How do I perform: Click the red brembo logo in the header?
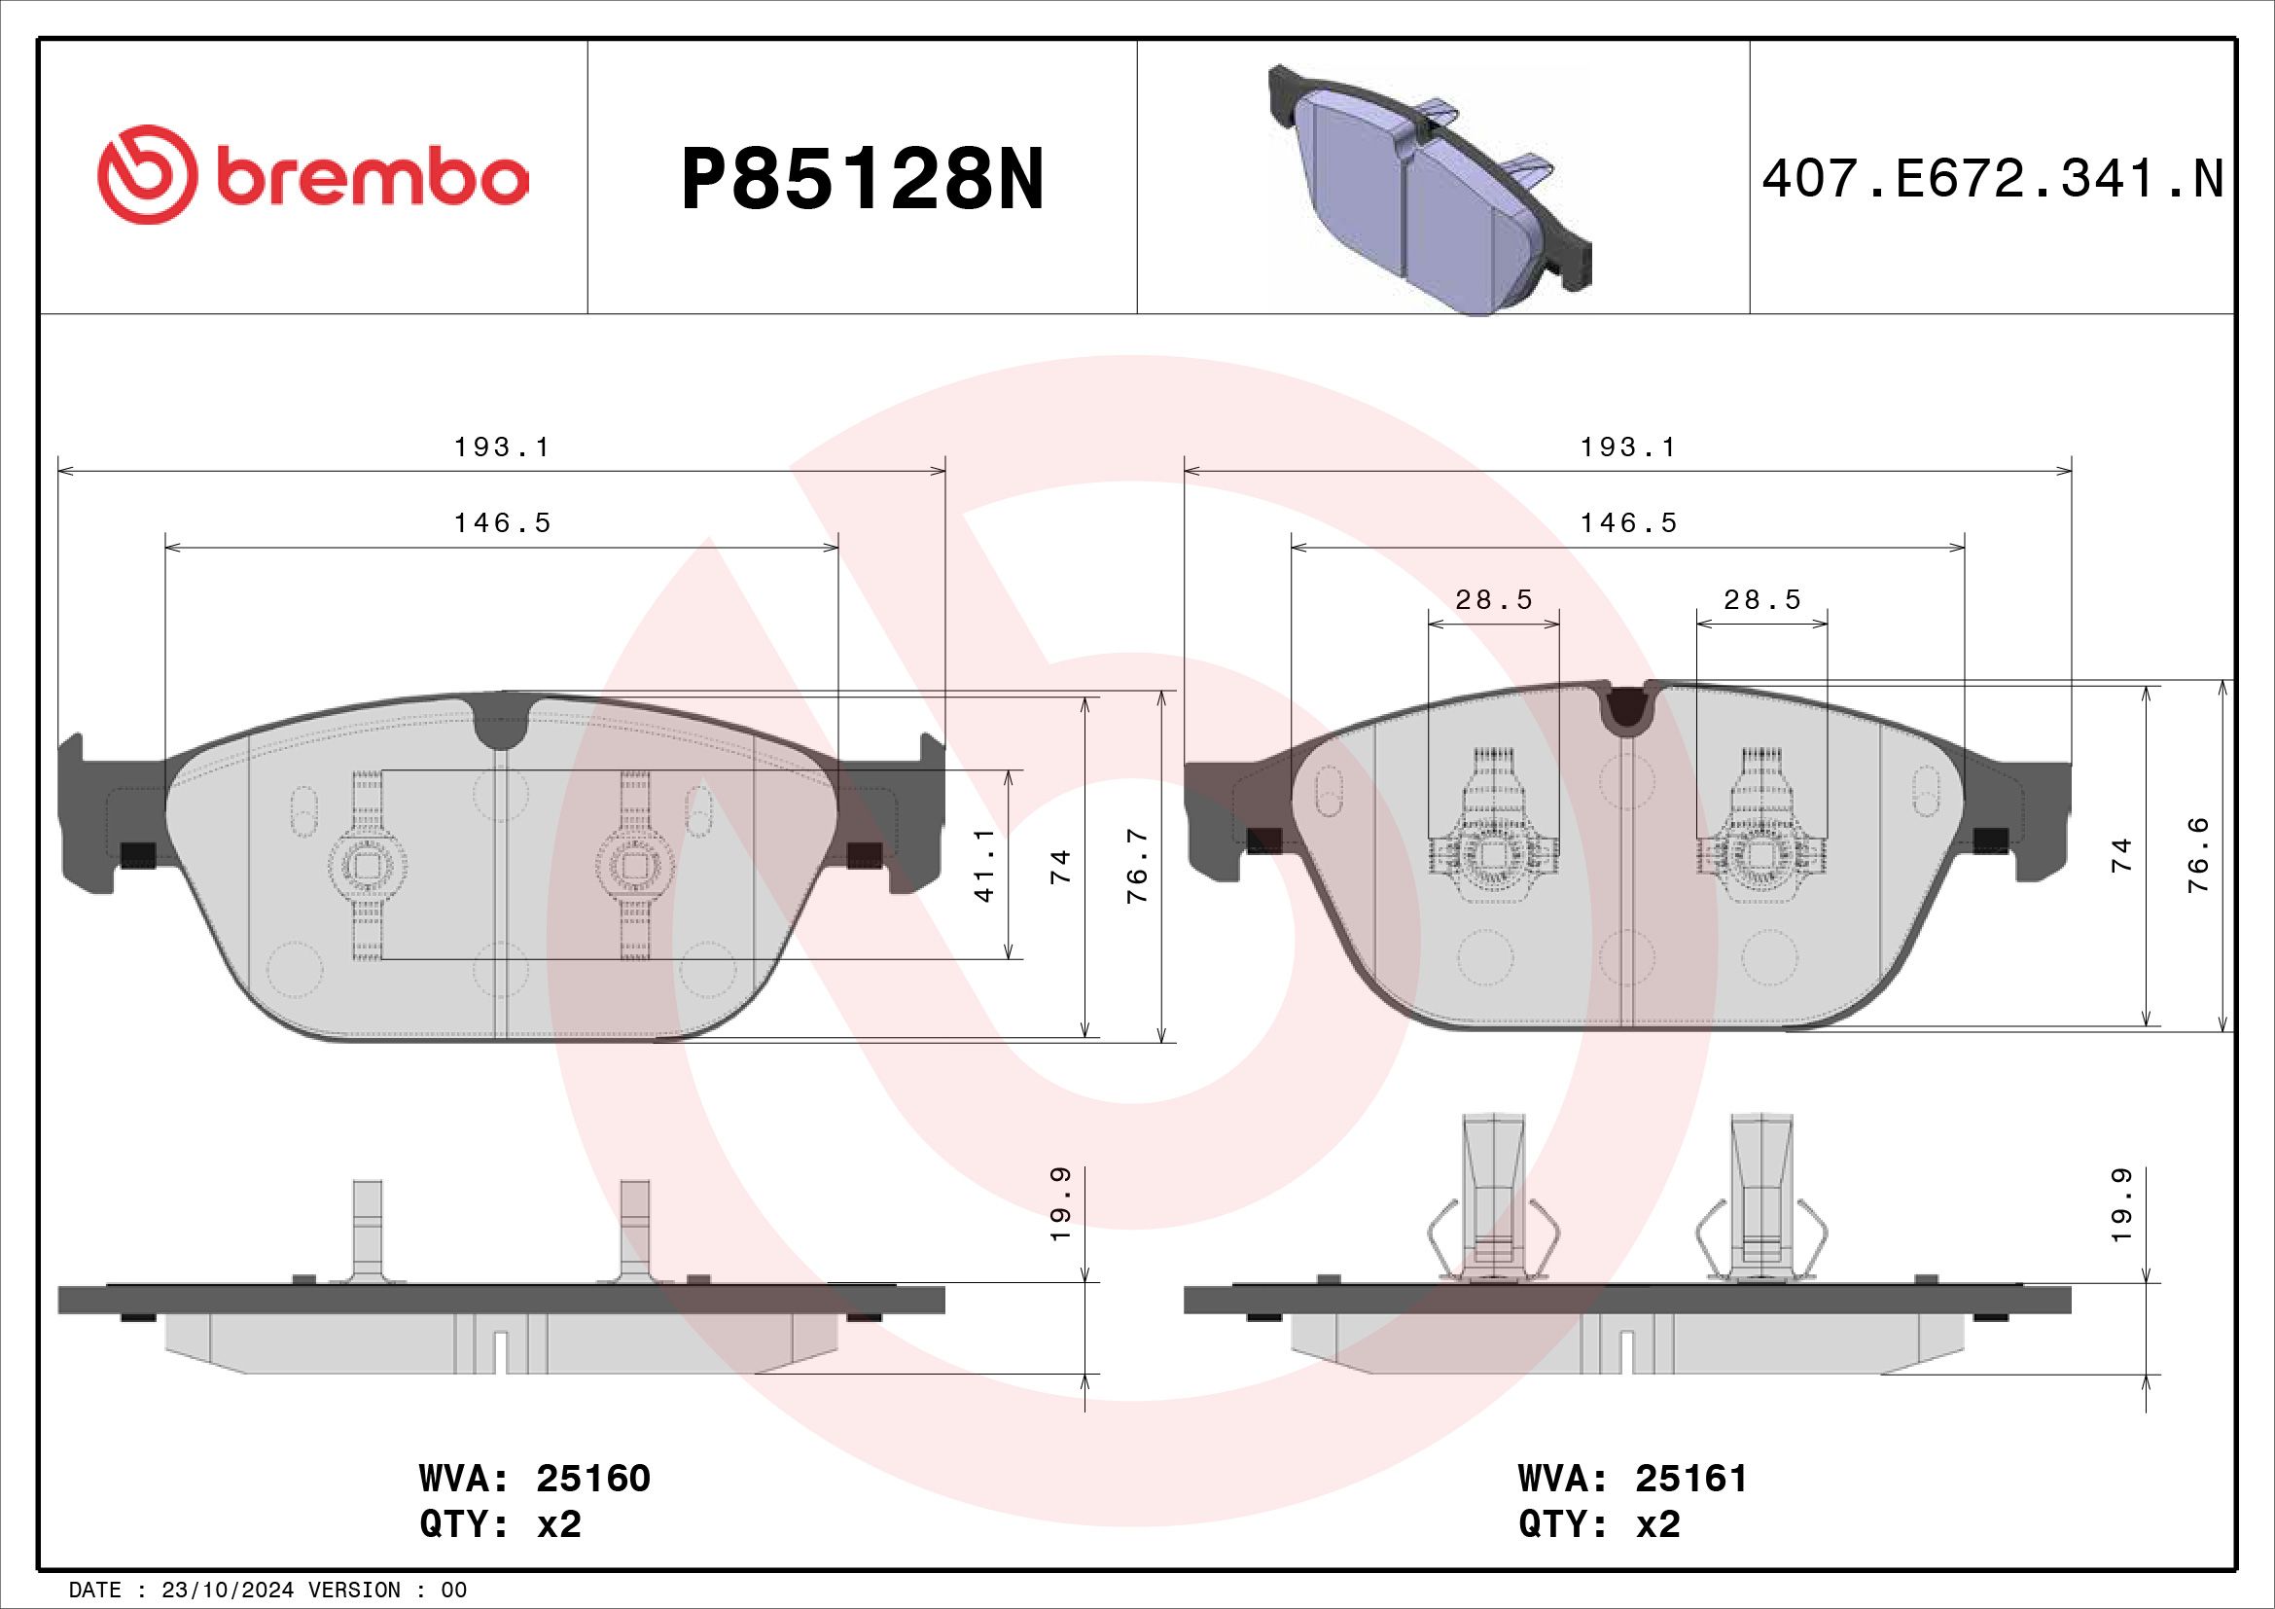coord(312,174)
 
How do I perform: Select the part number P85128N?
coord(862,179)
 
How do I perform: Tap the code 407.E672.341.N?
coord(1993,180)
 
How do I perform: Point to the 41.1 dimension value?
coord(985,865)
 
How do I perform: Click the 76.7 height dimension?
coord(1138,865)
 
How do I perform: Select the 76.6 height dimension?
coord(2198,854)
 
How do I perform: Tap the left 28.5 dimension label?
coord(1493,599)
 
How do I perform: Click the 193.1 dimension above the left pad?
coord(501,447)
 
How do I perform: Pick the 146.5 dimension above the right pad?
coord(1628,522)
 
